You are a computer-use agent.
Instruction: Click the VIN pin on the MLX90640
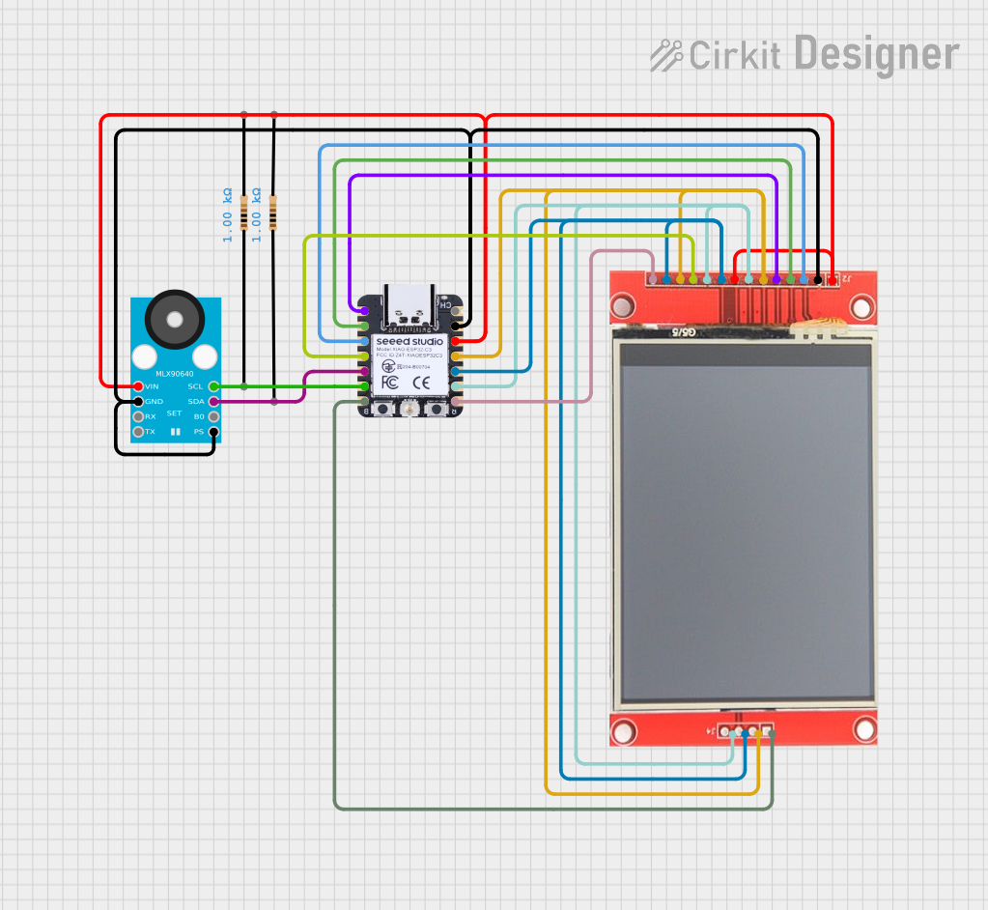(138, 386)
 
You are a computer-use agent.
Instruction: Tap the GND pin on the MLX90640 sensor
(138, 401)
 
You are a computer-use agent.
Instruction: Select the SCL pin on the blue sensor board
(213, 386)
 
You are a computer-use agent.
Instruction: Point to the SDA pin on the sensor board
(213, 401)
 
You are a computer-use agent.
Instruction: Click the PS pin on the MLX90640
(213, 432)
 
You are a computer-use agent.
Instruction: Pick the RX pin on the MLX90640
(138, 416)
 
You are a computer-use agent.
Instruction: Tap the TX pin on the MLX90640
(138, 432)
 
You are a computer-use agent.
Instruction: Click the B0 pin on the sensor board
(213, 416)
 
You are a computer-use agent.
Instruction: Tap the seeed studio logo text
(409, 341)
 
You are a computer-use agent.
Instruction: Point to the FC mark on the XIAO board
(388, 383)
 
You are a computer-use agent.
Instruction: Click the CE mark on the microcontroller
(421, 383)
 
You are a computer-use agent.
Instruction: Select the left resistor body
(243, 211)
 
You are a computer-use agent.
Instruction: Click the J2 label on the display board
(846, 280)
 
